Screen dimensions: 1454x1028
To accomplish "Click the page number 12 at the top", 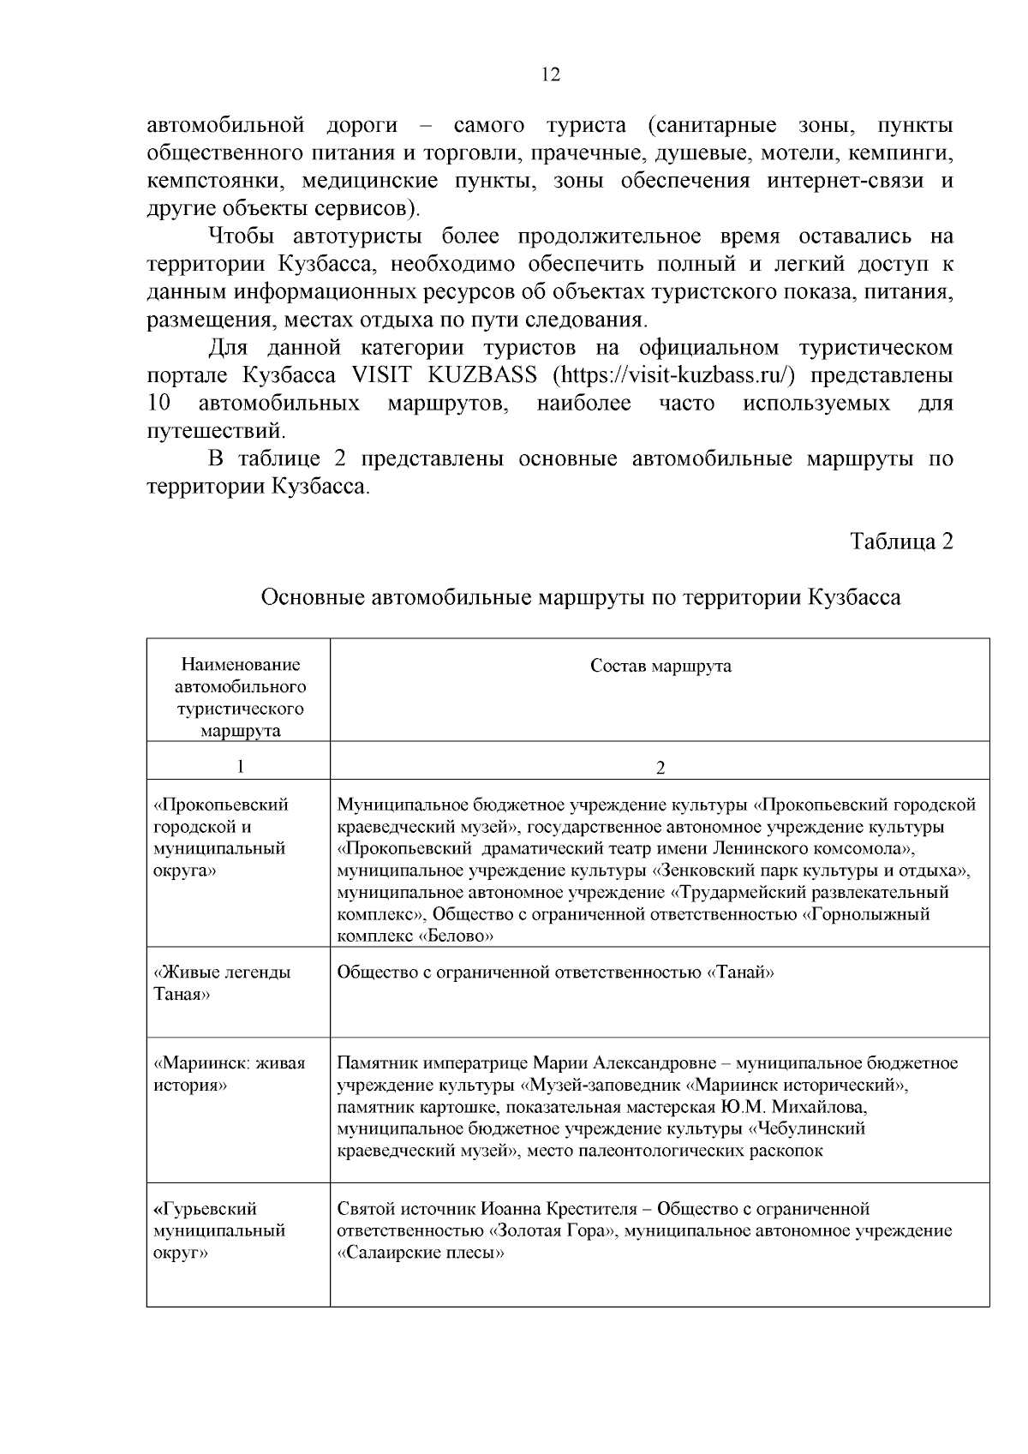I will click(x=551, y=75).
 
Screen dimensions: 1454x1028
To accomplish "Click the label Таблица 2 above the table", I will click(x=901, y=542).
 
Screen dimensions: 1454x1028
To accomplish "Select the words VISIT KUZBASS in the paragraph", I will click(x=445, y=375).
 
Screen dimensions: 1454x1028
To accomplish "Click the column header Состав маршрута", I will click(x=660, y=667).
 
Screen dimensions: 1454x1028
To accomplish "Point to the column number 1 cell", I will click(x=239, y=766).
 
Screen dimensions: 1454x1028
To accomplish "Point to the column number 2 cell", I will click(x=660, y=767).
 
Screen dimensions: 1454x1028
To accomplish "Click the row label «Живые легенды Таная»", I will click(x=222, y=984).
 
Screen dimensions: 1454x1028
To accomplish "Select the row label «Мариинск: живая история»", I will click(x=230, y=1074).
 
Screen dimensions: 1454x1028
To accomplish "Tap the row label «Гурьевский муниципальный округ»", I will click(x=219, y=1230).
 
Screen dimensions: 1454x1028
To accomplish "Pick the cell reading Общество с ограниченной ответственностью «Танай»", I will click(x=556, y=972).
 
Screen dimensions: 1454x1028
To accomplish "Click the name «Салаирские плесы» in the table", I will click(x=421, y=1254).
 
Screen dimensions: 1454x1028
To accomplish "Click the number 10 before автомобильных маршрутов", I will click(x=159, y=403).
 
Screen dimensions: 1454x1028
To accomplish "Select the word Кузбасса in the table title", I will click(x=854, y=597).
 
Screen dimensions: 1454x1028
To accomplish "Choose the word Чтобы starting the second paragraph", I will click(x=243, y=236).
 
